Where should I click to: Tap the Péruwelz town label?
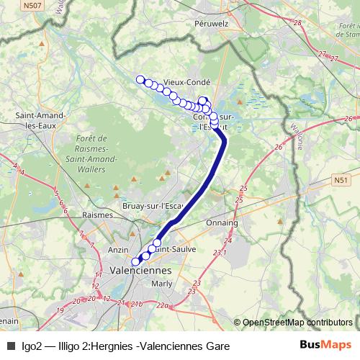pos(211,23)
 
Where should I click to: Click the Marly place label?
pos(163,283)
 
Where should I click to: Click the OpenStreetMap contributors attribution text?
pos(297,323)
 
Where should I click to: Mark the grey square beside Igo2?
pos(11,346)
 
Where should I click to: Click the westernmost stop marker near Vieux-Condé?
pos(140,79)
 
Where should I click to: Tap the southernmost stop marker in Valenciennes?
pos(135,262)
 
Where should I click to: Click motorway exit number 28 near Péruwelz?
pos(298,23)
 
